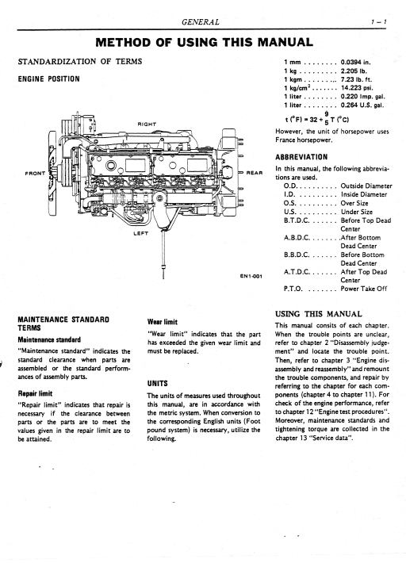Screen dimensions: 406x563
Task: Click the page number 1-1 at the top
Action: click(379, 22)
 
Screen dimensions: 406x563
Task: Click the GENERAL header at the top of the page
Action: click(201, 22)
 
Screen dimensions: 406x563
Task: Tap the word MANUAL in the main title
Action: click(285, 42)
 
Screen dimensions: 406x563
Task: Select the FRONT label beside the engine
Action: click(35, 173)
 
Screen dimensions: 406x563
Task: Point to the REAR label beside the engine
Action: click(255, 173)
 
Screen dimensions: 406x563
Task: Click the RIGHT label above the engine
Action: click(147, 124)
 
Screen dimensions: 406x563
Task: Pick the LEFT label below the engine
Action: click(140, 233)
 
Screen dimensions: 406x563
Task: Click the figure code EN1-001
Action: click(251, 276)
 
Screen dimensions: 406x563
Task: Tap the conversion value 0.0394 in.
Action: click(355, 62)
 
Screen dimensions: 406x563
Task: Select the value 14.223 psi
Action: click(357, 88)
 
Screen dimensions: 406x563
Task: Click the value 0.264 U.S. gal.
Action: click(362, 105)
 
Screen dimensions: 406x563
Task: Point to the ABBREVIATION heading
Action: click(301, 157)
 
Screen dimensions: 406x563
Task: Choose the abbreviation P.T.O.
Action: click(293, 289)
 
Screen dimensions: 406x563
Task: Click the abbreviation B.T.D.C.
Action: click(297, 220)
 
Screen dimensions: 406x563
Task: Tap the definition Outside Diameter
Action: click(366, 186)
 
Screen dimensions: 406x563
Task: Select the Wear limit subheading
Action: click(163, 322)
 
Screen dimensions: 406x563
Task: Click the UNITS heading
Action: click(157, 384)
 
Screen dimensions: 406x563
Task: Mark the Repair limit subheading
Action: click(35, 393)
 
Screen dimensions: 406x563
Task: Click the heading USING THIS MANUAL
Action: click(319, 314)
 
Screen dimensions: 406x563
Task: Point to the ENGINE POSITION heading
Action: click(49, 79)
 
